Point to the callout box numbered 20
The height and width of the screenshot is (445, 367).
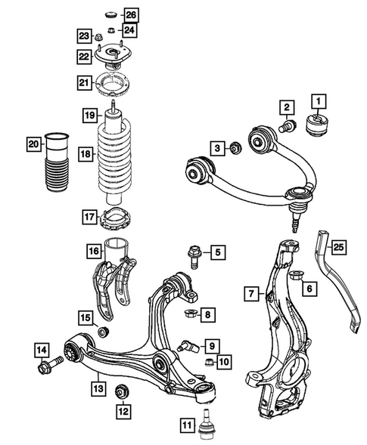click(x=33, y=144)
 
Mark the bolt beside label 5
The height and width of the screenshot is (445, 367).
click(x=191, y=255)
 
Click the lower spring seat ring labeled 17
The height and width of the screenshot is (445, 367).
click(x=115, y=219)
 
